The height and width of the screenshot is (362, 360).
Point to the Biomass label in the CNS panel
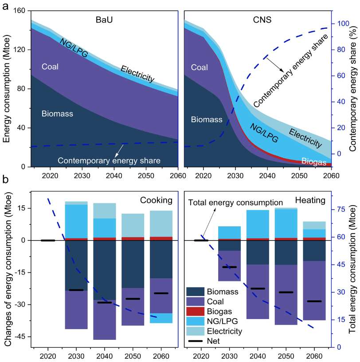point(207,120)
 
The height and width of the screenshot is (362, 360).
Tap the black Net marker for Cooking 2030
point(76,265)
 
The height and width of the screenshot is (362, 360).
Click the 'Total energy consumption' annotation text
point(229,203)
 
